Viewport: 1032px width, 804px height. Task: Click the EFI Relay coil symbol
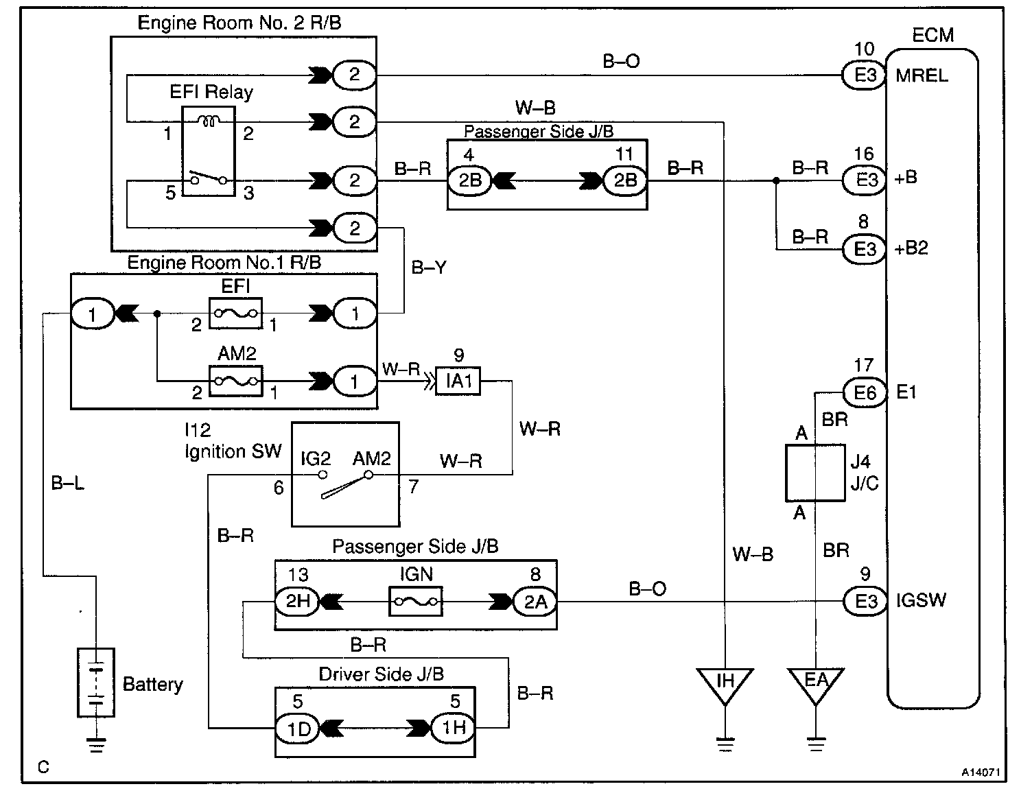(x=209, y=121)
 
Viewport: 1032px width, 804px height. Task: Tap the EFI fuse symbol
(x=235, y=314)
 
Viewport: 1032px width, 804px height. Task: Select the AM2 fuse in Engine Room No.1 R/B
(x=235, y=381)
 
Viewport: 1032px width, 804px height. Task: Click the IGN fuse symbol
(x=416, y=602)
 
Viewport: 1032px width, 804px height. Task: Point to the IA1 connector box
(x=458, y=381)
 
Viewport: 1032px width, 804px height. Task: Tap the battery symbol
(x=96, y=683)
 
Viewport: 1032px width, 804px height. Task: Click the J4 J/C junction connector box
(x=815, y=473)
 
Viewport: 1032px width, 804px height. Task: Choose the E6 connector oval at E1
(x=865, y=392)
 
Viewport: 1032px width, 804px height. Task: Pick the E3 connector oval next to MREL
(x=864, y=75)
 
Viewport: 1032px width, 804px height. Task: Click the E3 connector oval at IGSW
(x=865, y=602)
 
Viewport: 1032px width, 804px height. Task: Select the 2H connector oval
(x=298, y=602)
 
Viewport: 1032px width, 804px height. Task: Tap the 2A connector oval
(x=535, y=602)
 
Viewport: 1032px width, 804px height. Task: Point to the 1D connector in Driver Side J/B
(x=298, y=729)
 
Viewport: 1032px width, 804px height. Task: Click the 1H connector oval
(x=453, y=728)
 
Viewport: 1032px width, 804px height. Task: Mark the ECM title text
(x=933, y=35)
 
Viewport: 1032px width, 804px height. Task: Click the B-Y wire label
(x=429, y=268)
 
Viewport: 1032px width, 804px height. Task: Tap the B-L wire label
(x=67, y=484)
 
